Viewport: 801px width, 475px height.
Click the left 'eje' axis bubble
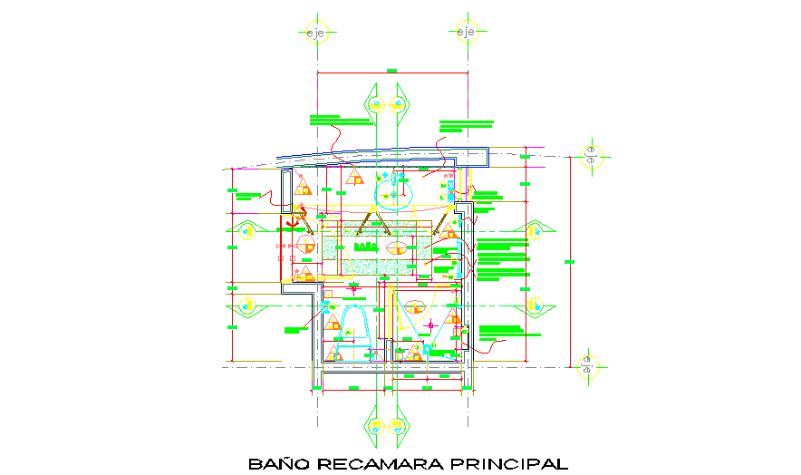pos(315,34)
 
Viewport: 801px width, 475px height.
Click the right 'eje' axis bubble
pos(467,34)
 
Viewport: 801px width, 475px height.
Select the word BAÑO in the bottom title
pos(278,464)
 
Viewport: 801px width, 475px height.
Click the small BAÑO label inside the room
pos(365,246)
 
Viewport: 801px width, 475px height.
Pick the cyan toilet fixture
pos(352,324)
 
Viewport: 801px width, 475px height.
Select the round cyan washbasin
pos(395,193)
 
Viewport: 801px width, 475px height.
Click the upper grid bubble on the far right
pos(590,155)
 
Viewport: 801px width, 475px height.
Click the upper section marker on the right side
pos(533,232)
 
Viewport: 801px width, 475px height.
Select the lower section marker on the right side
pos(533,305)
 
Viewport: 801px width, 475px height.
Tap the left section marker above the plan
pos(373,103)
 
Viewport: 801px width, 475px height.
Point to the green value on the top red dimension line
pos(391,70)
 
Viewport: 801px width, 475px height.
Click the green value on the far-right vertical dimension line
pos(570,261)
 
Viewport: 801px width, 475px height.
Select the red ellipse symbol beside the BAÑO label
pos(396,247)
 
